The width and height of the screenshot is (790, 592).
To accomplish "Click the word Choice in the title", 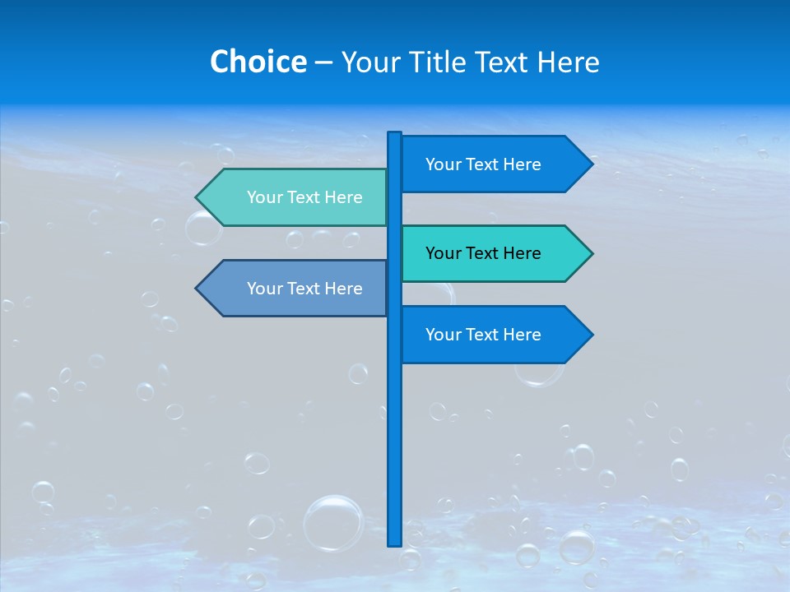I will pyautogui.click(x=258, y=62).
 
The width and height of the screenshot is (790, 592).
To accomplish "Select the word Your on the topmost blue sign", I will pyautogui.click(x=443, y=164).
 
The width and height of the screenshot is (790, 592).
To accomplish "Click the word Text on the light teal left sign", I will pyautogui.click(x=304, y=197).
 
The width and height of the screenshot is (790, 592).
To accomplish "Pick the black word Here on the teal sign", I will pyautogui.click(x=521, y=253).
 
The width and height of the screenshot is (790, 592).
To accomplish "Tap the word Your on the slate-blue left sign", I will pyautogui.click(x=264, y=289).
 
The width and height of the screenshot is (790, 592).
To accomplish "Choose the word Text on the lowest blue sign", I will pyautogui.click(x=483, y=335).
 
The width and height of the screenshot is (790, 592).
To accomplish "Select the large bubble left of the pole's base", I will pyautogui.click(x=333, y=522).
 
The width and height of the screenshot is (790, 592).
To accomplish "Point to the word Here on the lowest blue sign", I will pyautogui.click(x=521, y=335).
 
